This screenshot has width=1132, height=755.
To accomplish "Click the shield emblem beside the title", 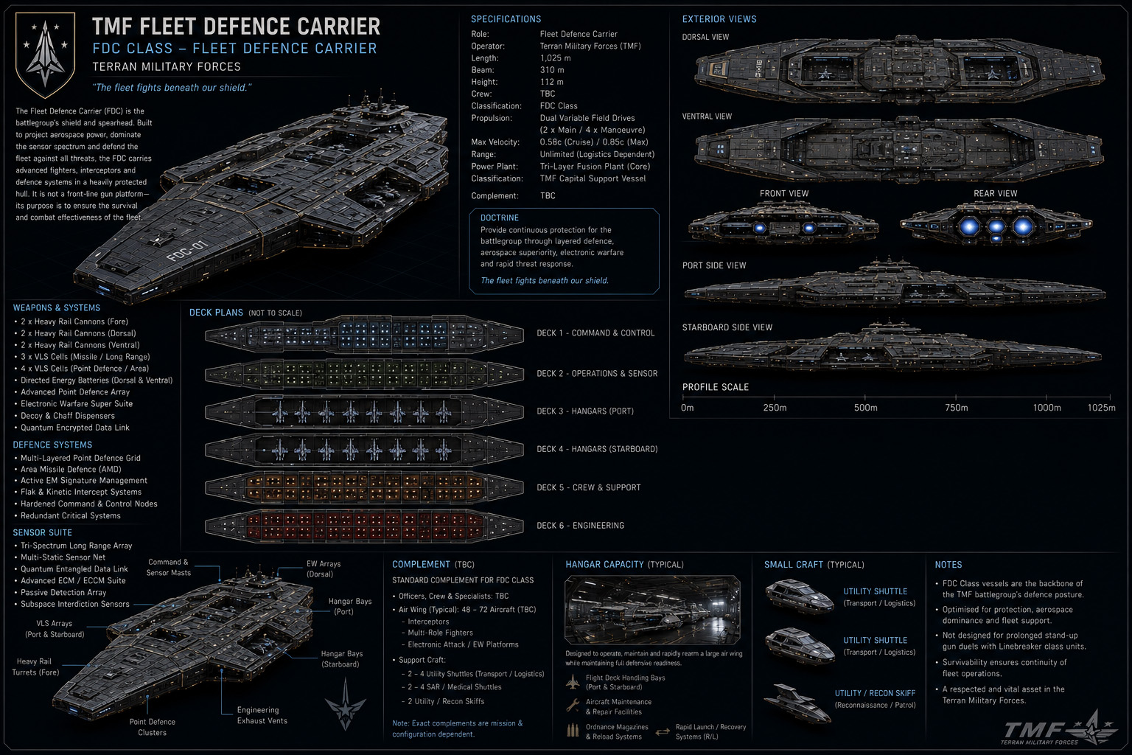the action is pyautogui.click(x=46, y=55).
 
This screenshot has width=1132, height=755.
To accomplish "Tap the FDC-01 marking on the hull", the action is pyautogui.click(x=187, y=251).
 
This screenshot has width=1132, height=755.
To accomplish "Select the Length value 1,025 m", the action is pyautogui.click(x=556, y=58).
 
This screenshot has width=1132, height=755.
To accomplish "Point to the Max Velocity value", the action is pyautogui.click(x=594, y=142).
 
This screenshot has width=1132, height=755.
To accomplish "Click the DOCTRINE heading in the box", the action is pyautogui.click(x=499, y=218).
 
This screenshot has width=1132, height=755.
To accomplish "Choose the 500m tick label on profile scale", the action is pyautogui.click(x=865, y=408).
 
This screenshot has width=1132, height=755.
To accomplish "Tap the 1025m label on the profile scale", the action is pyautogui.click(x=1101, y=408).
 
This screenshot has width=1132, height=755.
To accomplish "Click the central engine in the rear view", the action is pyautogui.click(x=996, y=226).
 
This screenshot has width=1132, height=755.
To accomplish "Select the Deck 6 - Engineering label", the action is pyautogui.click(x=580, y=526).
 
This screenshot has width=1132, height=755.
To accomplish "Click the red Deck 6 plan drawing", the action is pyautogui.click(x=364, y=526).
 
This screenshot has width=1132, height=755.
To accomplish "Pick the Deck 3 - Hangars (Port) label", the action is pyautogui.click(x=584, y=411).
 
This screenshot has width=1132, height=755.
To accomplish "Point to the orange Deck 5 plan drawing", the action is pyautogui.click(x=364, y=487).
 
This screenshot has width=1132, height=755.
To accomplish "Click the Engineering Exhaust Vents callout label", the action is pyautogui.click(x=262, y=716).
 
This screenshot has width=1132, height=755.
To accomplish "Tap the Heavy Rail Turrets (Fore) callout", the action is pyautogui.click(x=35, y=667).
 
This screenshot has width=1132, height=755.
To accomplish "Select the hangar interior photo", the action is pyautogui.click(x=652, y=610).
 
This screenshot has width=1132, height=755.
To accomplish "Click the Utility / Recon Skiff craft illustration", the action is pyautogui.click(x=797, y=703).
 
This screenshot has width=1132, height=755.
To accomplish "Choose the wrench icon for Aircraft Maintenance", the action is pyautogui.click(x=573, y=706).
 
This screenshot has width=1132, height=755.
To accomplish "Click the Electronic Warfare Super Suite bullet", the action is pyautogui.click(x=77, y=403).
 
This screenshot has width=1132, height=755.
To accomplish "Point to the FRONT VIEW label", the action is pyautogui.click(x=784, y=194).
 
